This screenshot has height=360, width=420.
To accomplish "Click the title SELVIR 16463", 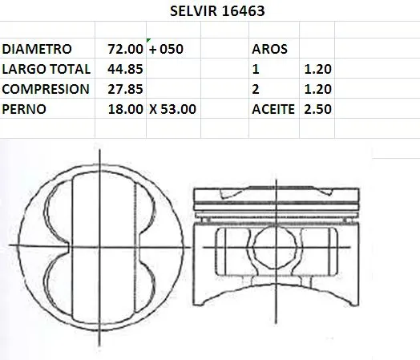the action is [x=217, y=11].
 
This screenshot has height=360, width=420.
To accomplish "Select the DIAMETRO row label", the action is [x=37, y=49].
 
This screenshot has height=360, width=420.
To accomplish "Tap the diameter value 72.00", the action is [x=125, y=49].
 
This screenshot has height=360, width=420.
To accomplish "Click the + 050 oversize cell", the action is [x=166, y=49].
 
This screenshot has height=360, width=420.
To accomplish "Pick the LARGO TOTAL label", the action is [x=46, y=69].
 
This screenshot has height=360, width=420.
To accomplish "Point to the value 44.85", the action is [x=125, y=69].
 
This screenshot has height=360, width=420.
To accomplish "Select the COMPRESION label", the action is [x=46, y=89].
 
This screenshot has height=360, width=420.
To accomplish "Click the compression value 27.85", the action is [x=125, y=89].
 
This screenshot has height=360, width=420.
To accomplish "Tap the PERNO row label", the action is [x=24, y=109].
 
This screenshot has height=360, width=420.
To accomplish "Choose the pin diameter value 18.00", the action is [x=125, y=109].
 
